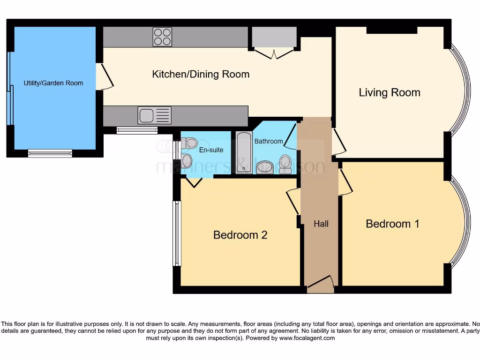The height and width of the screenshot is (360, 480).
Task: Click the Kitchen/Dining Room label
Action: click(201, 75)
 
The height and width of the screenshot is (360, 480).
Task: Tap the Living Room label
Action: click(390, 93)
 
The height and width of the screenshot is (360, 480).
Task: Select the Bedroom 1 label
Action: click(392, 224)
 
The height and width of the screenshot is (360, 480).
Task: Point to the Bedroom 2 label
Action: click(240, 235)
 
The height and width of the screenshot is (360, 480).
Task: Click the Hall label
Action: click(321, 224)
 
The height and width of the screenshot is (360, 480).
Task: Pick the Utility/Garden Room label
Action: click(53, 83)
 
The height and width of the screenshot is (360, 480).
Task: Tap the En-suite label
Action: click(211, 150)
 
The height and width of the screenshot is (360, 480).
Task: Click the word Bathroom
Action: click(269, 141)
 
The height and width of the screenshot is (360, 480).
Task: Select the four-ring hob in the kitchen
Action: click(163, 37)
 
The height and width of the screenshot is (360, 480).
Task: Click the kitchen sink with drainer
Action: click(154, 115)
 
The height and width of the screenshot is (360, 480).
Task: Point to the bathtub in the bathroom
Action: click(244, 152)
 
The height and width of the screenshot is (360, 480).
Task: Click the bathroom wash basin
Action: click(265, 168)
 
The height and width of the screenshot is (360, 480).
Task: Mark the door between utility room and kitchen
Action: click(105, 76)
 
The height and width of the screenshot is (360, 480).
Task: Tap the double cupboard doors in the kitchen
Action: click(274, 53)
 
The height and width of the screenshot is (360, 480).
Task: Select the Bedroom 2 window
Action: click(177, 233)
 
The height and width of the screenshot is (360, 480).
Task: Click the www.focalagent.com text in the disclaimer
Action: click(307, 338)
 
